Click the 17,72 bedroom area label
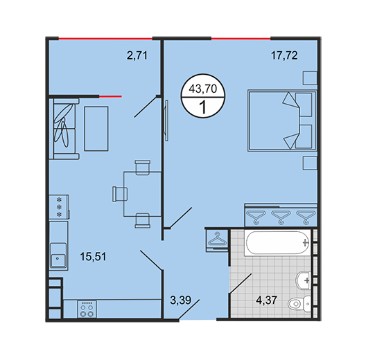click(284, 55)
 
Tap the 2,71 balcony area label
click(137, 55)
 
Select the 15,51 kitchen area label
click(93, 257)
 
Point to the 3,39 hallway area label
click(181, 300)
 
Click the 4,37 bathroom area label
click(267, 300)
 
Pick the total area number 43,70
click(203, 89)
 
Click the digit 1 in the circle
click(203, 107)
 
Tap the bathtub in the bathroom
click(277, 242)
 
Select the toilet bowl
click(299, 303)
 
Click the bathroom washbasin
click(303, 280)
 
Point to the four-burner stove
click(87, 309)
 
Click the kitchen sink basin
click(58, 255)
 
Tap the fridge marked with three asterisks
click(59, 206)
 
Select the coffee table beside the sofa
click(96, 129)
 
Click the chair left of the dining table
click(120, 194)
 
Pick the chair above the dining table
click(142, 168)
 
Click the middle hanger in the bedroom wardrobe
click(281, 217)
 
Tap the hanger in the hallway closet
click(218, 239)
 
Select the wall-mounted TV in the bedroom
click(166, 120)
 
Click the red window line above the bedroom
click(241, 39)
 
